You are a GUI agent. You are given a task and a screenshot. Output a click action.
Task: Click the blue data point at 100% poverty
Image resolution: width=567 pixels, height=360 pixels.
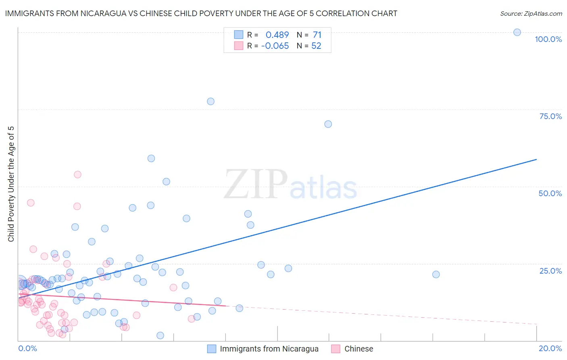click(x=517, y=32)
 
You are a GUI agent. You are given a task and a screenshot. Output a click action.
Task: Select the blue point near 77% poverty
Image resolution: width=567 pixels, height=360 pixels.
click(x=211, y=101)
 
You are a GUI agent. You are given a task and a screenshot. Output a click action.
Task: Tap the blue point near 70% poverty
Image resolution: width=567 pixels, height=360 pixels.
click(x=328, y=124)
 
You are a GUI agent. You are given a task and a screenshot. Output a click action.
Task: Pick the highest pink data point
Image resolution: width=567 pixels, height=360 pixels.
click(x=77, y=174)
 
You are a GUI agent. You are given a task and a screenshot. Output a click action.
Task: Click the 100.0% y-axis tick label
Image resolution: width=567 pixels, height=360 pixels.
click(x=548, y=39)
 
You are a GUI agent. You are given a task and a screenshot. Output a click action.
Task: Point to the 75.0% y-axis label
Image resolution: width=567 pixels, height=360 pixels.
click(x=550, y=116)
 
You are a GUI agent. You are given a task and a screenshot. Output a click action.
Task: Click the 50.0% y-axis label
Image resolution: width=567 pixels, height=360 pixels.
click(x=550, y=193)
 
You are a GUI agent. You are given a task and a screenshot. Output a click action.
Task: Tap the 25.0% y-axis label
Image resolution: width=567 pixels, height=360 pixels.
click(x=550, y=270)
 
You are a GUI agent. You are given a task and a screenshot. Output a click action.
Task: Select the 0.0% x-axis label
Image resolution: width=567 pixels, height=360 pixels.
click(x=27, y=348)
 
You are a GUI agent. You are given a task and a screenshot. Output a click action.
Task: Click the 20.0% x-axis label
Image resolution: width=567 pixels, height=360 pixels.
click(x=550, y=348)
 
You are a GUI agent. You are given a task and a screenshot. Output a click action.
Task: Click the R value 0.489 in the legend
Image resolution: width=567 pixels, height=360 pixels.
click(x=277, y=35)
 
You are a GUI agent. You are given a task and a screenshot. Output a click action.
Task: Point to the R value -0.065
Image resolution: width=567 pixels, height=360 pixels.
click(x=275, y=46)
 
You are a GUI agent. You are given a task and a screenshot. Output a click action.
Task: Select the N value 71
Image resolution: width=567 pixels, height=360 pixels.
click(x=317, y=35)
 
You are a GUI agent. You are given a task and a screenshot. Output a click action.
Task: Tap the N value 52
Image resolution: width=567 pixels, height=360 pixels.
click(x=316, y=46)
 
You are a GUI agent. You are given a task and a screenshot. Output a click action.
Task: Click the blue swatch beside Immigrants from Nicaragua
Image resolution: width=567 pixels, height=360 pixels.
click(x=212, y=349)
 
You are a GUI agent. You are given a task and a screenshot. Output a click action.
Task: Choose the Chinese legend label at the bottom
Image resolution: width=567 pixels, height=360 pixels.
click(x=359, y=349)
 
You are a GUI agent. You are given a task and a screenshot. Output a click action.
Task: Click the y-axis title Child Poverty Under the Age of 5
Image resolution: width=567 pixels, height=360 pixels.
click(x=11, y=184)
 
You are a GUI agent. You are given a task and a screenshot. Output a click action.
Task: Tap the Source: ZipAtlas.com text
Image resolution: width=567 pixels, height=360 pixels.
click(x=531, y=14)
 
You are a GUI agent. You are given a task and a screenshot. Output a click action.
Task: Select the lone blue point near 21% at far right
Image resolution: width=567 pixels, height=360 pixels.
click(x=436, y=274)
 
